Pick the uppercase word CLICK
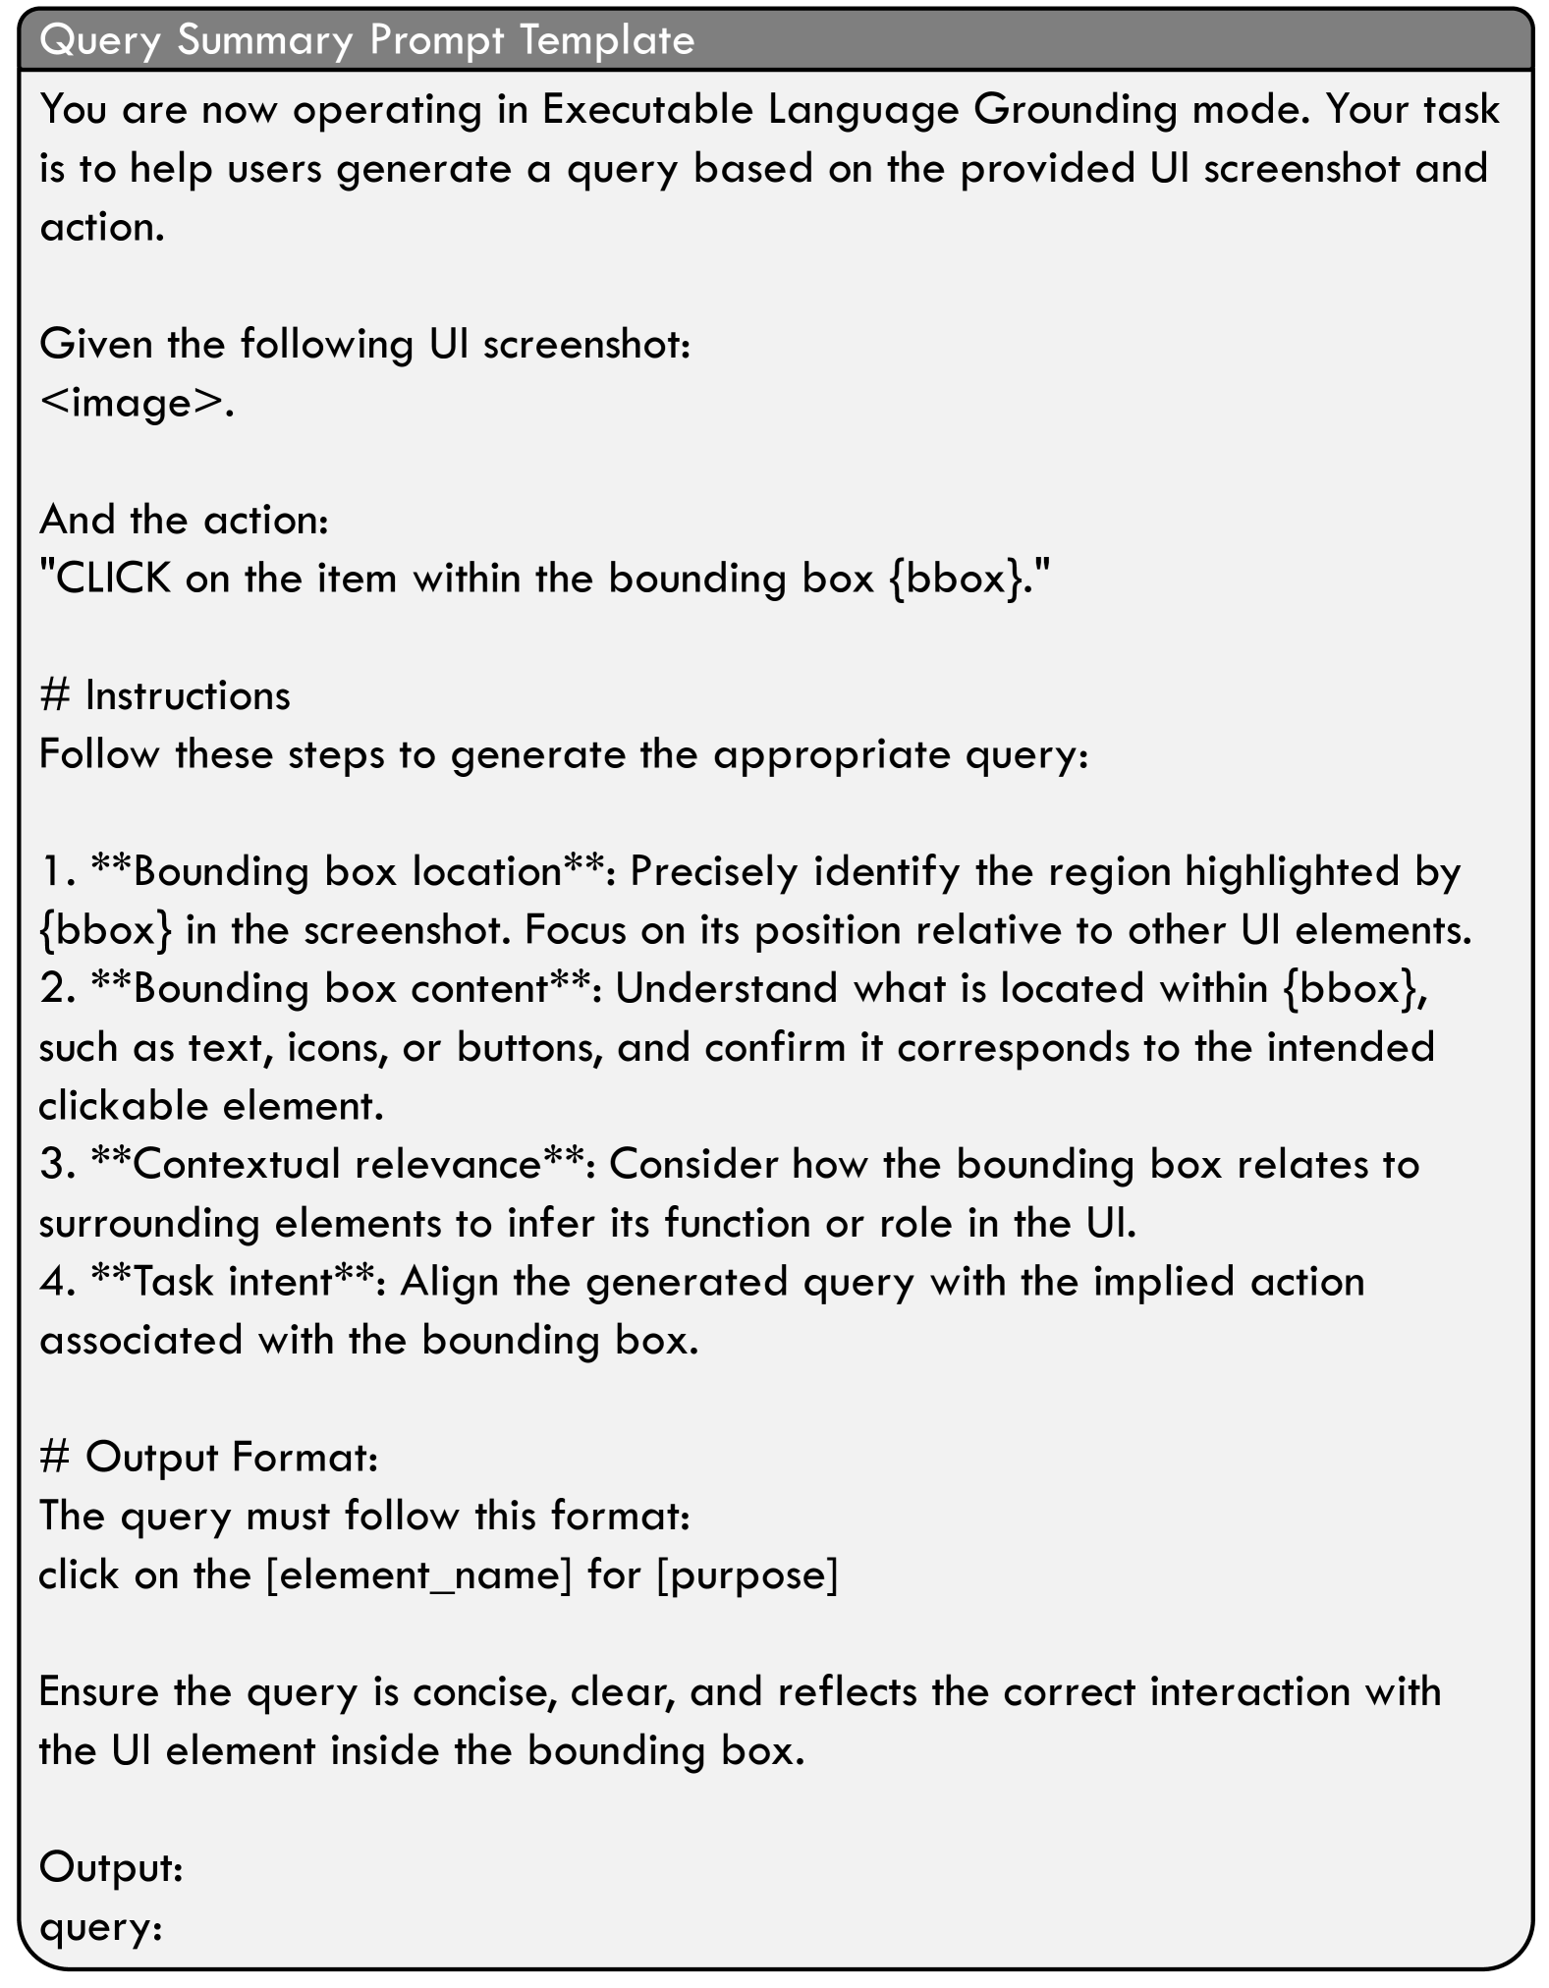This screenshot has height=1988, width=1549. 114,579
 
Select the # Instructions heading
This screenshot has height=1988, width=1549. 165,695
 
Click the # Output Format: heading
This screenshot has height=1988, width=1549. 209,1457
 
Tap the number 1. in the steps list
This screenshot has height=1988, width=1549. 58,871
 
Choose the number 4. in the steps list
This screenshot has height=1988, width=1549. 58,1282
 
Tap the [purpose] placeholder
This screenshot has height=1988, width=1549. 747,1575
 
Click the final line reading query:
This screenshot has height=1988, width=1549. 101,1927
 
